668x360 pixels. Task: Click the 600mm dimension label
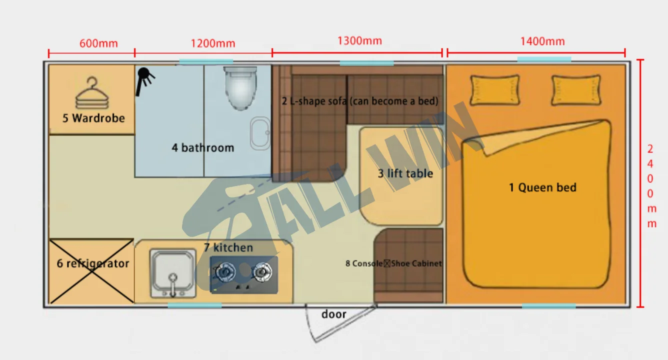pos(98,43)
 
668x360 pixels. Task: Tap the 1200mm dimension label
pos(213,43)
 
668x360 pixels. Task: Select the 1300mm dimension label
pos(359,41)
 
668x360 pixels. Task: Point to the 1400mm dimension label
pos(542,41)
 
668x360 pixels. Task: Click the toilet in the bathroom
pos(240,88)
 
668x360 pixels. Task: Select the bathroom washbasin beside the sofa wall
pos(260,133)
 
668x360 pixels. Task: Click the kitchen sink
pos(173,273)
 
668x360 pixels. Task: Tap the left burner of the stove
pos(225,272)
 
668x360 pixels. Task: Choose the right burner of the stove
pos(262,272)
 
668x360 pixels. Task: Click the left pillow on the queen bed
pos(495,90)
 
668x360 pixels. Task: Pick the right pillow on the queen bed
pos(576,90)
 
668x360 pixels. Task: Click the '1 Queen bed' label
pos(542,187)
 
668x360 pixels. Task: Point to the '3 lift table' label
pos(405,173)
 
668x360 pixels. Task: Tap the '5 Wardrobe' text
pos(93,118)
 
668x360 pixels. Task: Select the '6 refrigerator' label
pos(92,263)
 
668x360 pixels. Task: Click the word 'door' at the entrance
pos(333,314)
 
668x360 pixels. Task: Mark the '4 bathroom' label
pos(203,147)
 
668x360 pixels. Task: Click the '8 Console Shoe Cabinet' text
pos(393,263)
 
